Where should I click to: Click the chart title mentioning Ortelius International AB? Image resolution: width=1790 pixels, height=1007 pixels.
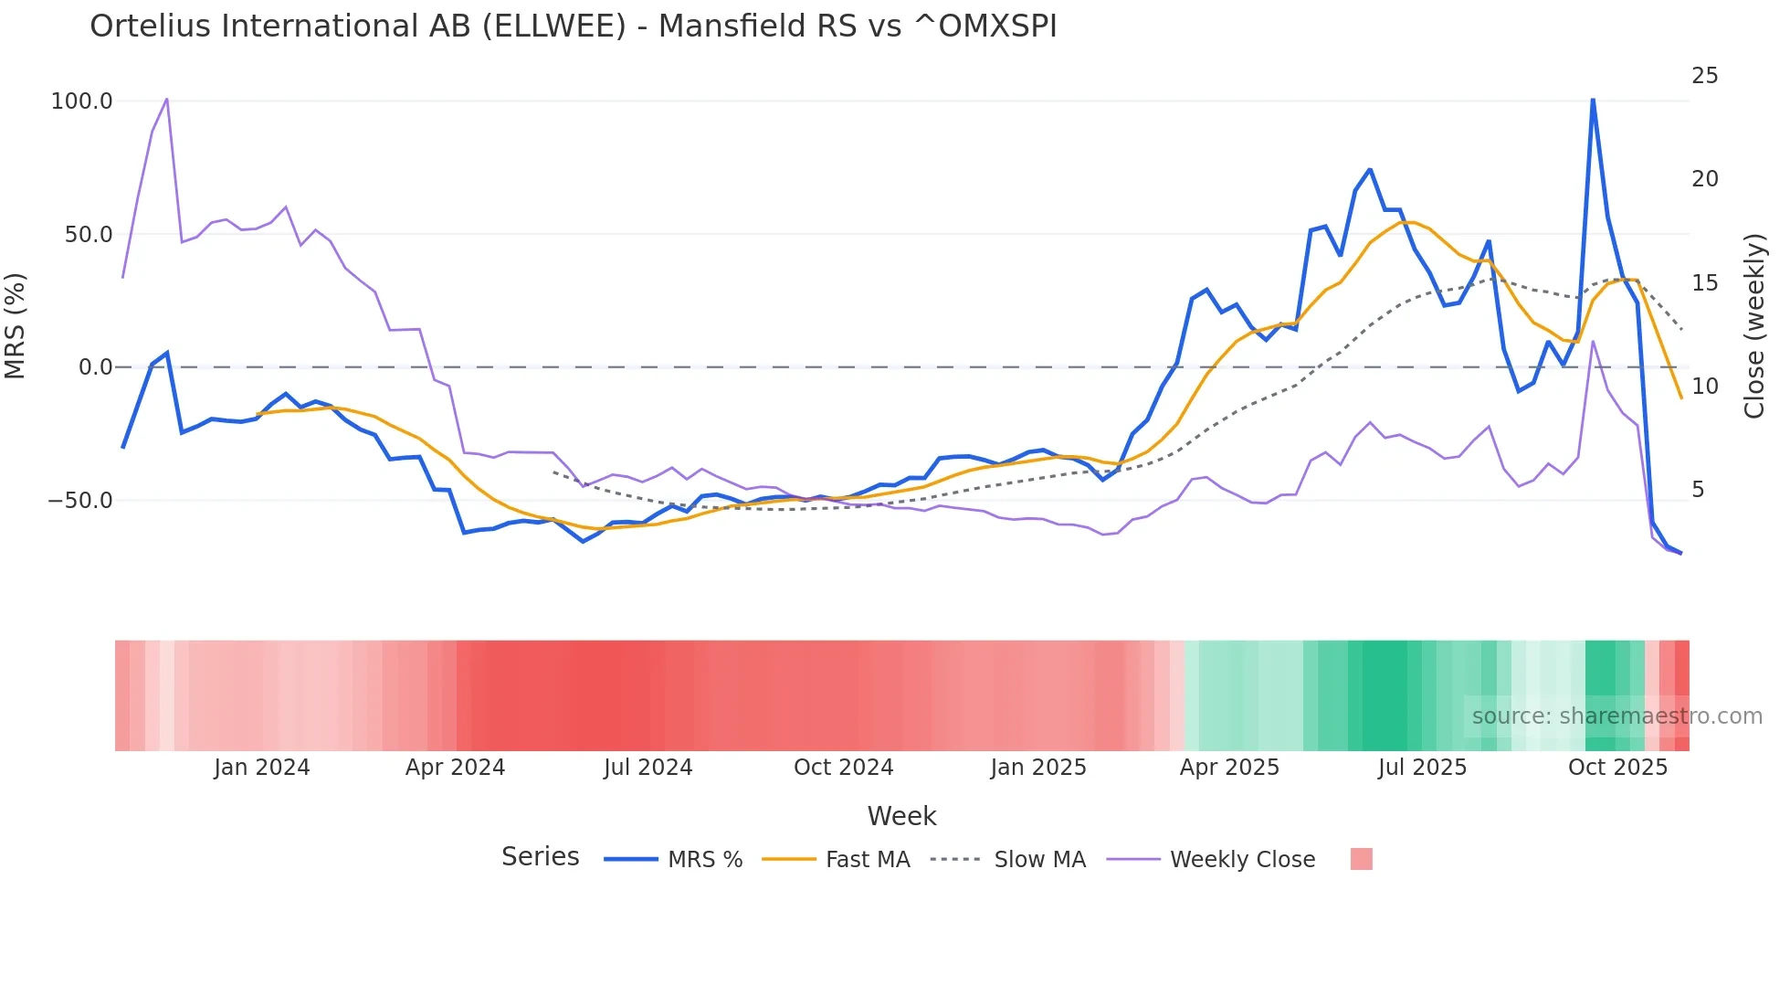pyautogui.click(x=573, y=26)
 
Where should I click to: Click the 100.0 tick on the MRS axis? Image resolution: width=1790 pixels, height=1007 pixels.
pyautogui.click(x=81, y=101)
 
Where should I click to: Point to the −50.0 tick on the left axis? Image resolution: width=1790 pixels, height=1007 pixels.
pyautogui.click(x=79, y=501)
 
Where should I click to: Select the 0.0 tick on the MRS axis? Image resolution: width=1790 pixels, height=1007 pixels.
pyautogui.click(x=95, y=367)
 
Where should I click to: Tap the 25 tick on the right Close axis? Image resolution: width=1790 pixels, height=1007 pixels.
pyautogui.click(x=1704, y=76)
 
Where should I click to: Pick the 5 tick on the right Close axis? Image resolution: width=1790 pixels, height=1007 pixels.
pyautogui.click(x=1698, y=490)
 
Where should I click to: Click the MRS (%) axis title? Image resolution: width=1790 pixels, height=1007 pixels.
pyautogui.click(x=16, y=325)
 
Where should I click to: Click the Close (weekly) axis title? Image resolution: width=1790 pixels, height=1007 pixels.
pyautogui.click(x=1754, y=326)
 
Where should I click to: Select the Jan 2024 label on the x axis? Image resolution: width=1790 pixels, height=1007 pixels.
pyautogui.click(x=262, y=768)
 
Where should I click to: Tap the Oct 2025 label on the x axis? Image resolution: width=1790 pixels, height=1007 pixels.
pyautogui.click(x=1617, y=768)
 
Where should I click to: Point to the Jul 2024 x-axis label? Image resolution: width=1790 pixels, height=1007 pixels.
pyautogui.click(x=648, y=768)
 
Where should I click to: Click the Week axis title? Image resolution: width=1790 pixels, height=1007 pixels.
pyautogui.click(x=901, y=816)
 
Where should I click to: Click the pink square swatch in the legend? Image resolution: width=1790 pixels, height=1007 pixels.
pyautogui.click(x=1361, y=859)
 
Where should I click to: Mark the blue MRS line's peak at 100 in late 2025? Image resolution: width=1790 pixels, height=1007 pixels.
pyautogui.click(x=1593, y=100)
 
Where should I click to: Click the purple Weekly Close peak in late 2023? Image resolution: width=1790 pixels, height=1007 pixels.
pyautogui.click(x=166, y=99)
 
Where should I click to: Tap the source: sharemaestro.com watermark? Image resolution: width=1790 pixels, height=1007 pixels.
pyautogui.click(x=1616, y=716)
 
